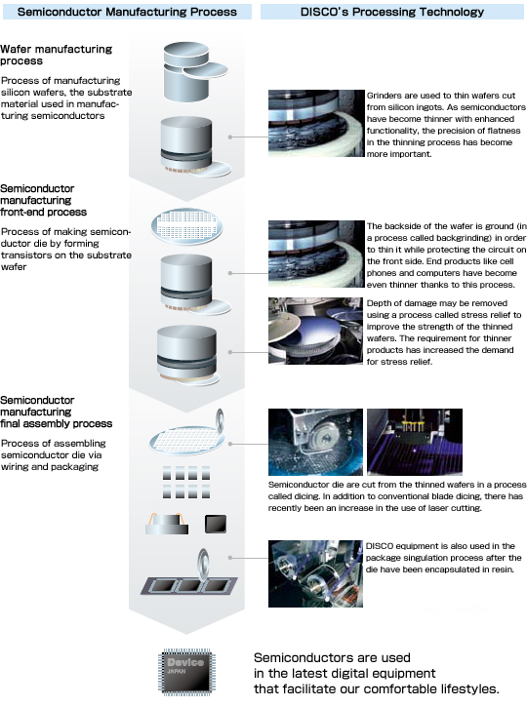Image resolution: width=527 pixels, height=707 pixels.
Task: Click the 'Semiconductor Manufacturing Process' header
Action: tap(127, 12)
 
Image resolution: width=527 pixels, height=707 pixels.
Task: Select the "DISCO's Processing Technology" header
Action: tap(392, 12)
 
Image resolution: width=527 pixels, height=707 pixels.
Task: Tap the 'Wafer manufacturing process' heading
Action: tap(56, 55)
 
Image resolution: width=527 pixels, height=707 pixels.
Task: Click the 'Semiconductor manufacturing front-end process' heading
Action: tap(43, 200)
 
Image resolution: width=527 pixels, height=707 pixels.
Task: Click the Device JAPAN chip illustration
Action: tap(186, 672)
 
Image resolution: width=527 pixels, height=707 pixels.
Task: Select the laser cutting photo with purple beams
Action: tap(415, 442)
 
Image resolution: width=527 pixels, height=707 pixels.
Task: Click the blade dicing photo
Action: tap(315, 442)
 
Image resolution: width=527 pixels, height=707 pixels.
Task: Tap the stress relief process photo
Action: tap(315, 331)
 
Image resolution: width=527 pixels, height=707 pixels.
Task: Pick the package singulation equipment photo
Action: tap(315, 573)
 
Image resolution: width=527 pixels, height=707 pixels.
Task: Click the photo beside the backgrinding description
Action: tap(316, 254)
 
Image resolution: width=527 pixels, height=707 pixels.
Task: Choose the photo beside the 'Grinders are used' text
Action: tap(316, 123)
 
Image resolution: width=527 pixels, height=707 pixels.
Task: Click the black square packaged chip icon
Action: tap(216, 525)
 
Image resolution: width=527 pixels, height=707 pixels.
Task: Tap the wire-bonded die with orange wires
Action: tap(167, 524)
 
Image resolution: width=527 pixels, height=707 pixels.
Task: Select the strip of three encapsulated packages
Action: tap(189, 586)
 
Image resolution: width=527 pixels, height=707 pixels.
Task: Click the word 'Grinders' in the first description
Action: tap(384, 96)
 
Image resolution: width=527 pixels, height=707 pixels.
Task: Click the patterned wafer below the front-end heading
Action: tap(186, 225)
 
